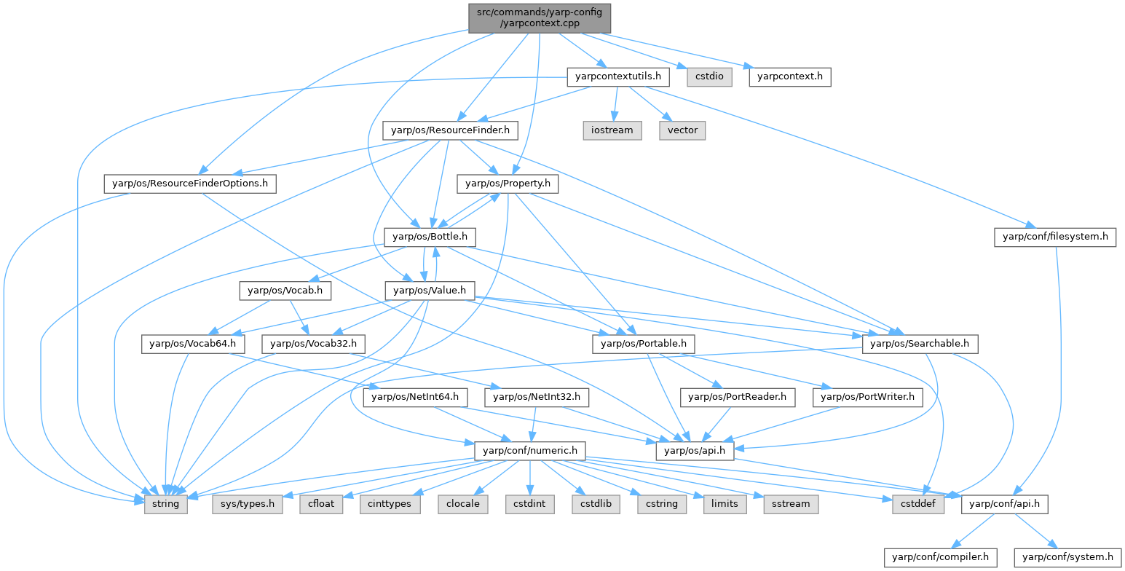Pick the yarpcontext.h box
tap(790, 76)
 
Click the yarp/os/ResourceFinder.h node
tap(450, 131)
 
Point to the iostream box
tap(612, 131)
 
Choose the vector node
tap(682, 131)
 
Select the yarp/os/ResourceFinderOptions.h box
tap(189, 184)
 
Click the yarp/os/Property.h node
tap(507, 184)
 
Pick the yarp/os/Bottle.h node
tap(430, 237)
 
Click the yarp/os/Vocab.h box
tap(285, 291)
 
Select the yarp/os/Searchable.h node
tap(920, 344)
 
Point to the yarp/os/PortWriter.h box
tap(872, 398)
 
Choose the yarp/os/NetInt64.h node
tap(415, 398)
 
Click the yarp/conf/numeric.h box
tap(529, 451)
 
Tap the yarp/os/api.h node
tap(695, 451)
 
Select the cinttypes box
tap(390, 504)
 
